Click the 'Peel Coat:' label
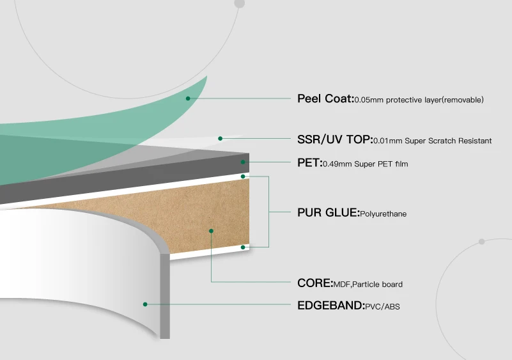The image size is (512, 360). point(325,98)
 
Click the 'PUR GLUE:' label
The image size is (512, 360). point(328,213)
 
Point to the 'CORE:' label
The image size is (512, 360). point(315,283)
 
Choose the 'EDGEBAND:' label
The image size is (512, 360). point(330,306)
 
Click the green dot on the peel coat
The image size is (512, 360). point(189,98)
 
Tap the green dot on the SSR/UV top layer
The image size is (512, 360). point(220,138)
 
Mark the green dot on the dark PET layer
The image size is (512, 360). point(243,162)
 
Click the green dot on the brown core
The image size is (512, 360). point(211,230)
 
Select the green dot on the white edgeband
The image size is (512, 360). point(146,304)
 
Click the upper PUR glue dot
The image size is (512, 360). point(243,175)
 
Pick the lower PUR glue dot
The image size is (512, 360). point(243,246)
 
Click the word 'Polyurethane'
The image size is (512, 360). point(384,214)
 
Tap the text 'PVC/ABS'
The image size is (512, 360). point(382,307)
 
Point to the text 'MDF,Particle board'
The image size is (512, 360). point(368,285)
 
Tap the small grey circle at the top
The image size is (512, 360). point(240,3)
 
